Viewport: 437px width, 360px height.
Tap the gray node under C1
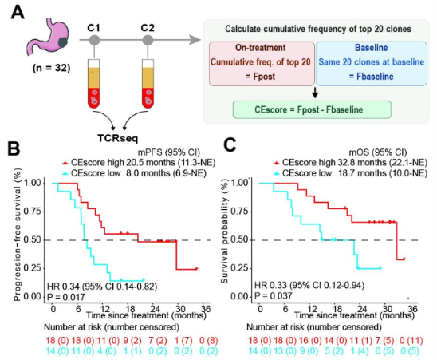pos(94,41)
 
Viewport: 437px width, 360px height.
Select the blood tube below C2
pos(148,84)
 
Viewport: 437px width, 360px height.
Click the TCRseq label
pos(117,138)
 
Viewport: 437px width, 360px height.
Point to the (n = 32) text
pos(51,68)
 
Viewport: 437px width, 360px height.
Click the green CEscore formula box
pos(312,109)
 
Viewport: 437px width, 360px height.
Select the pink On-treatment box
pos(262,64)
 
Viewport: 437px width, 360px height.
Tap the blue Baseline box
pos(372,64)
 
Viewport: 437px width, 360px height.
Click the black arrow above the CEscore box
pos(315,93)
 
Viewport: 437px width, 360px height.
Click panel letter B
pos(14,148)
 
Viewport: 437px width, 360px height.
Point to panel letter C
pos(230,145)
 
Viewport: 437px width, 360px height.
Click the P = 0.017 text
pos(65,297)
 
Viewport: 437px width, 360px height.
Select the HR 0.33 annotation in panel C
pos(309,285)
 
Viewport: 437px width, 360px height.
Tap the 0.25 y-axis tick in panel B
pos(33,268)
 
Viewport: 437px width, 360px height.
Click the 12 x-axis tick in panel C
pos(312,309)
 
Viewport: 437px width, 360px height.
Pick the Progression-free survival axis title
pos(18,235)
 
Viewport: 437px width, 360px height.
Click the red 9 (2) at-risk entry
pos(132,341)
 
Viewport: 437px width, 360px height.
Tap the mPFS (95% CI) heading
pos(168,152)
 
